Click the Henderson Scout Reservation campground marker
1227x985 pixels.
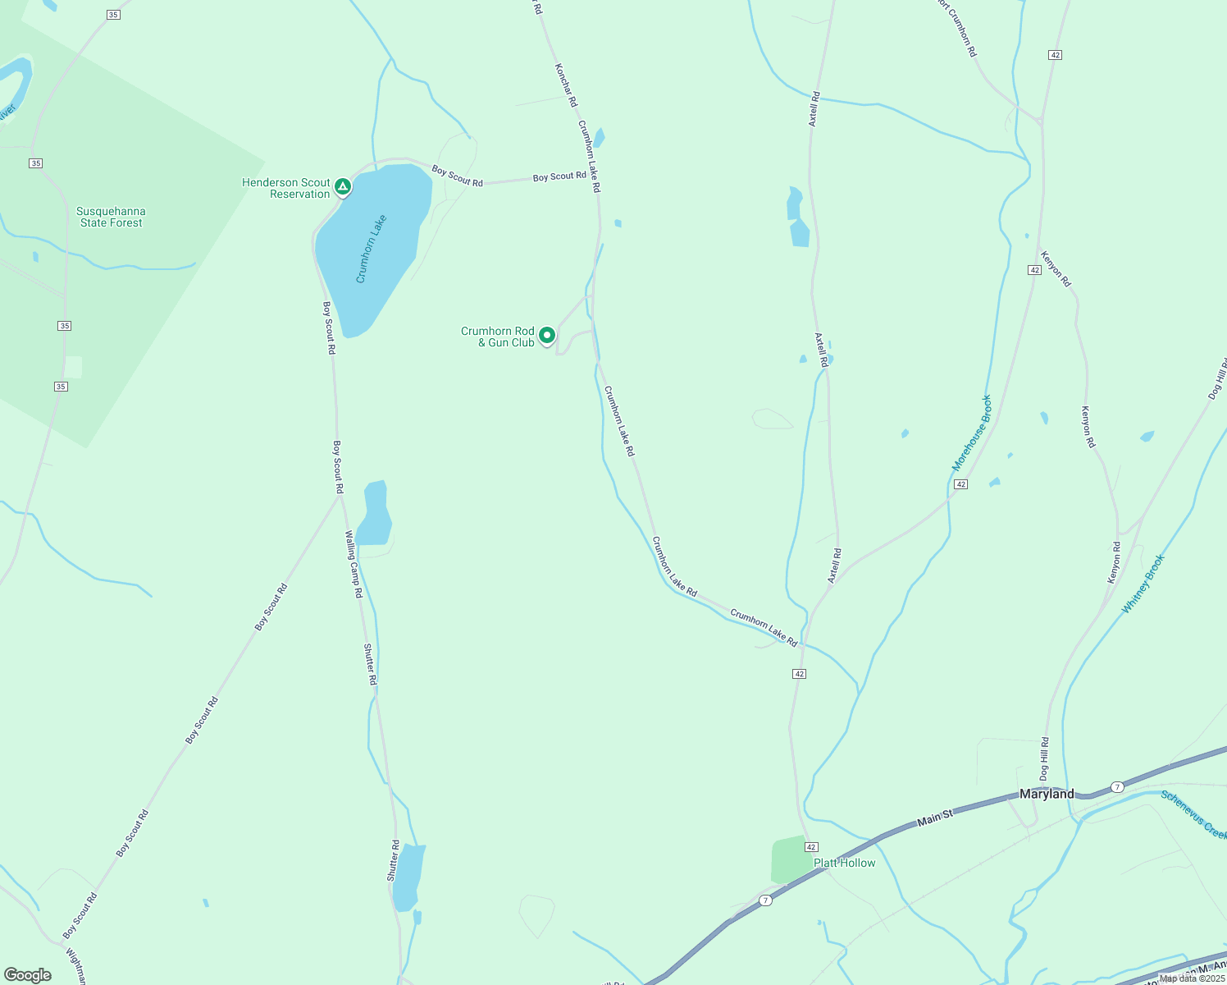tap(344, 187)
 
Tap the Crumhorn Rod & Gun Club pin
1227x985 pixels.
tap(547, 336)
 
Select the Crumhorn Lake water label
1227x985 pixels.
tap(371, 249)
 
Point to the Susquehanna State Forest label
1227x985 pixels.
tap(111, 217)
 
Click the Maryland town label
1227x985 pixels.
tap(1047, 794)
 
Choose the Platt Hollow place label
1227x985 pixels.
tap(844, 863)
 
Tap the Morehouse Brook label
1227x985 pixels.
tap(972, 433)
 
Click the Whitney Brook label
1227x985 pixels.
tap(1143, 584)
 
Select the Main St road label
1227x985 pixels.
tap(934, 817)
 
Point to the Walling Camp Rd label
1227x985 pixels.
tap(354, 564)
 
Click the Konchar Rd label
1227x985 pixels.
tap(566, 85)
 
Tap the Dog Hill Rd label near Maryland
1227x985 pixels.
tap(1044, 758)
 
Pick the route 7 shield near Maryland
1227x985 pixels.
tap(1117, 787)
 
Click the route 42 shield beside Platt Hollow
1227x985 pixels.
tap(811, 846)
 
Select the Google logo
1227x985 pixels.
tap(28, 975)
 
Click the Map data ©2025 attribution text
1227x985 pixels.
tap(1192, 978)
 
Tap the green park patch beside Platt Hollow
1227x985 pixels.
tap(790, 859)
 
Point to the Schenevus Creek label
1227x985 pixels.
tap(1194, 813)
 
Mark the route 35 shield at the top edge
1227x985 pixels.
tap(113, 15)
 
